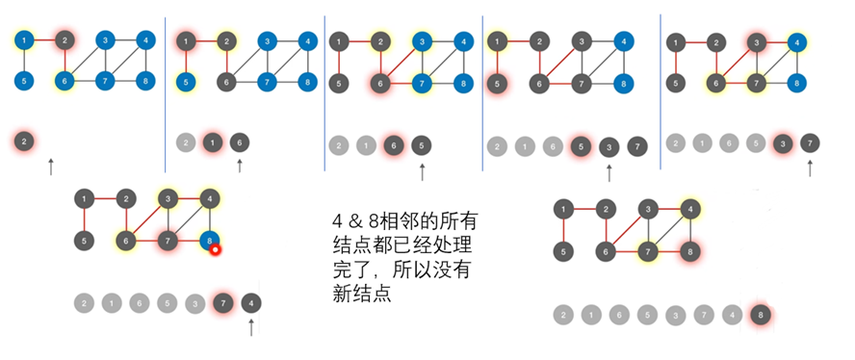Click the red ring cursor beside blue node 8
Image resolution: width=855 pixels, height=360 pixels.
(216, 250)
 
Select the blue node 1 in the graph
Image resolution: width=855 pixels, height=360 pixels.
(24, 39)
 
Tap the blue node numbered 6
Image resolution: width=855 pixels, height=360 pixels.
(65, 81)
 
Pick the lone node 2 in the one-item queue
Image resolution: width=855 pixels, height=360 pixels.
(24, 141)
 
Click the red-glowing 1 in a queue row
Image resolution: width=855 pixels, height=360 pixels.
(213, 142)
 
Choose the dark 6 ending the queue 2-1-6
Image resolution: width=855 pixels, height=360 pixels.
(240, 142)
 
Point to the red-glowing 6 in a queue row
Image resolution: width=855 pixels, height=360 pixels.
(393, 145)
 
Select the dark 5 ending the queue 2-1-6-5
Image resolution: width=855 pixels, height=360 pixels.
(421, 145)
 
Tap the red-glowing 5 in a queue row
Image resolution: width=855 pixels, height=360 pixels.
(581, 146)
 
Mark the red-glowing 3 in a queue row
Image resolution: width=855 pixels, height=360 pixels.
(783, 143)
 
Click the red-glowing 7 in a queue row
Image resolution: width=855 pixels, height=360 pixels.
(222, 302)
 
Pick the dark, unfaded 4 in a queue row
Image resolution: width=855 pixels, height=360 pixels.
(251, 302)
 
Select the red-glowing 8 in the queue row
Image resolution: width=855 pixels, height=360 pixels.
(760, 315)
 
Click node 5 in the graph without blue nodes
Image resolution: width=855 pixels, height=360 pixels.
(563, 251)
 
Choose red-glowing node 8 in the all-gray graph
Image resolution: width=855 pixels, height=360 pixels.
(690, 251)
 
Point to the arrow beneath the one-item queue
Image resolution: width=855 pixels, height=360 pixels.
(51, 167)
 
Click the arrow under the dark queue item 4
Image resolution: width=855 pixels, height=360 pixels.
(251, 327)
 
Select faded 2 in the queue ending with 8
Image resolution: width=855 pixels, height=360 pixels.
(563, 315)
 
